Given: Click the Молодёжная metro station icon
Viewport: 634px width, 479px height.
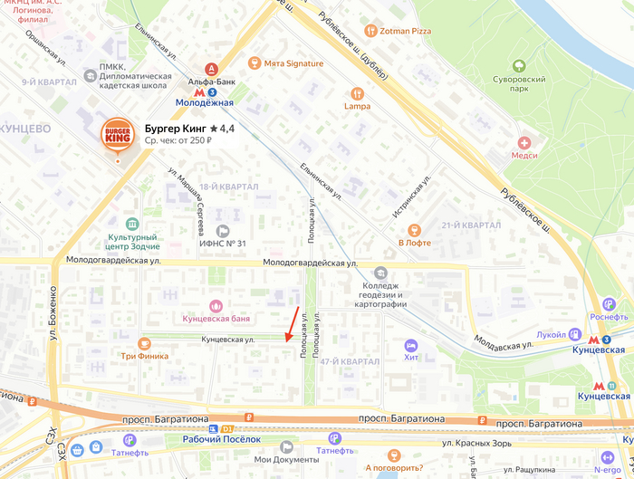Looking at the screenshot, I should (211, 91).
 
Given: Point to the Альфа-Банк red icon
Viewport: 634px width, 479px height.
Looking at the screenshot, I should (211, 69).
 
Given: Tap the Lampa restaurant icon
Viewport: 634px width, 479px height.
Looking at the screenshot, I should (357, 92).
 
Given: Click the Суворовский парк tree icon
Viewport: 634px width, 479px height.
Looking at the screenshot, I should (518, 66).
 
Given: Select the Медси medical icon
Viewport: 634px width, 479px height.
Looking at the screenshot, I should (524, 142).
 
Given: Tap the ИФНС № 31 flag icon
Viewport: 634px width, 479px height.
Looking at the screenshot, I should (223, 230).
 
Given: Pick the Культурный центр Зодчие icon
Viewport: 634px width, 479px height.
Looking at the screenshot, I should (133, 224).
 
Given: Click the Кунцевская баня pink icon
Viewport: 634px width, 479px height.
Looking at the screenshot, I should (215, 305).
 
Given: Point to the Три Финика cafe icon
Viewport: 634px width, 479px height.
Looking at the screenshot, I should (144, 342).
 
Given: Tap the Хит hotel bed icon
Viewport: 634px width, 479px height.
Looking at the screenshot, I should (410, 345).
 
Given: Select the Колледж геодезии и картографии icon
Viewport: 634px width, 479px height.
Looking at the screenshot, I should (380, 273).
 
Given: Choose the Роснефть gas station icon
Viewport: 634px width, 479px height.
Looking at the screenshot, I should (609, 304).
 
